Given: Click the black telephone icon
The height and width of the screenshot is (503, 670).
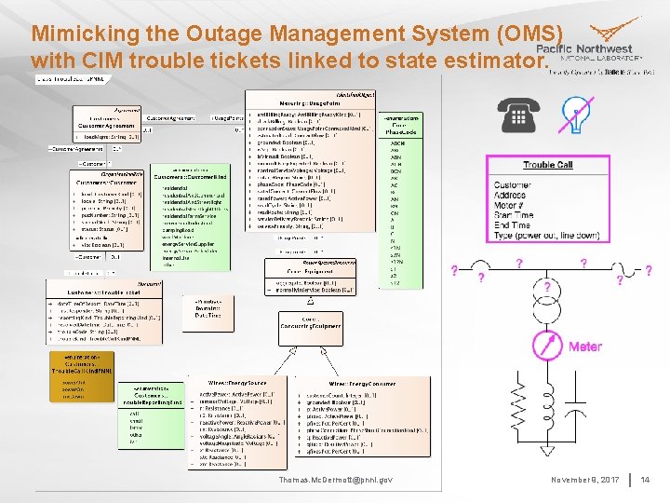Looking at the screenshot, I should (x=518, y=116).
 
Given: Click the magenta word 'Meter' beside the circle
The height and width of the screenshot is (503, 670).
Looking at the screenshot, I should (x=585, y=347).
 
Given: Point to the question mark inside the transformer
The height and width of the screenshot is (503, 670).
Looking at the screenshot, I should (x=547, y=286).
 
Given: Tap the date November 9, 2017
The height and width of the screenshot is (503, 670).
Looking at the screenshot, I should (x=584, y=480).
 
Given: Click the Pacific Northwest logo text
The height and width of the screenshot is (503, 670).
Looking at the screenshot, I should (x=584, y=49).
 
